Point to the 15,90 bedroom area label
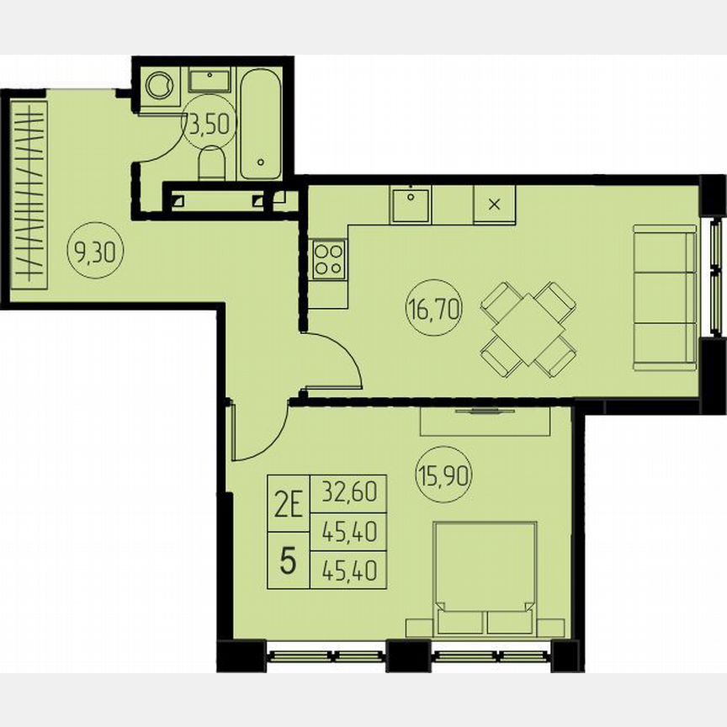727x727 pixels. pyautogui.click(x=443, y=478)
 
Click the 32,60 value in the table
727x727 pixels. pyautogui.click(x=349, y=491)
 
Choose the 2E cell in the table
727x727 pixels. pyautogui.click(x=288, y=505)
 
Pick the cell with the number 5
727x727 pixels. pyautogui.click(x=288, y=560)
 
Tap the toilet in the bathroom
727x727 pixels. pyautogui.click(x=212, y=165)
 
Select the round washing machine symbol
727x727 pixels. pyautogui.click(x=159, y=85)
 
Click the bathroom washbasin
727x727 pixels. pyautogui.click(x=210, y=82)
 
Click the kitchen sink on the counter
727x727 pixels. pyautogui.click(x=411, y=204)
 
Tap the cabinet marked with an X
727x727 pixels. pyautogui.click(x=495, y=204)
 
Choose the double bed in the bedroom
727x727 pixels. pyautogui.click(x=486, y=578)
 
